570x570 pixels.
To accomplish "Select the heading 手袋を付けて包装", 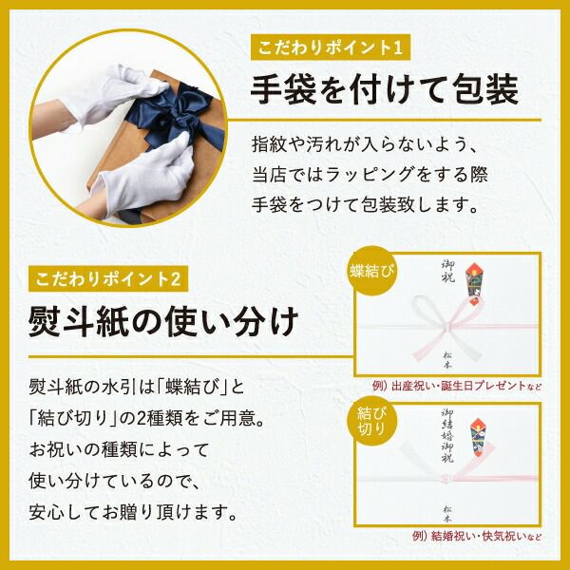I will [x=383, y=91].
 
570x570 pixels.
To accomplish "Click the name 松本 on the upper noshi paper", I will [x=446, y=357].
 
